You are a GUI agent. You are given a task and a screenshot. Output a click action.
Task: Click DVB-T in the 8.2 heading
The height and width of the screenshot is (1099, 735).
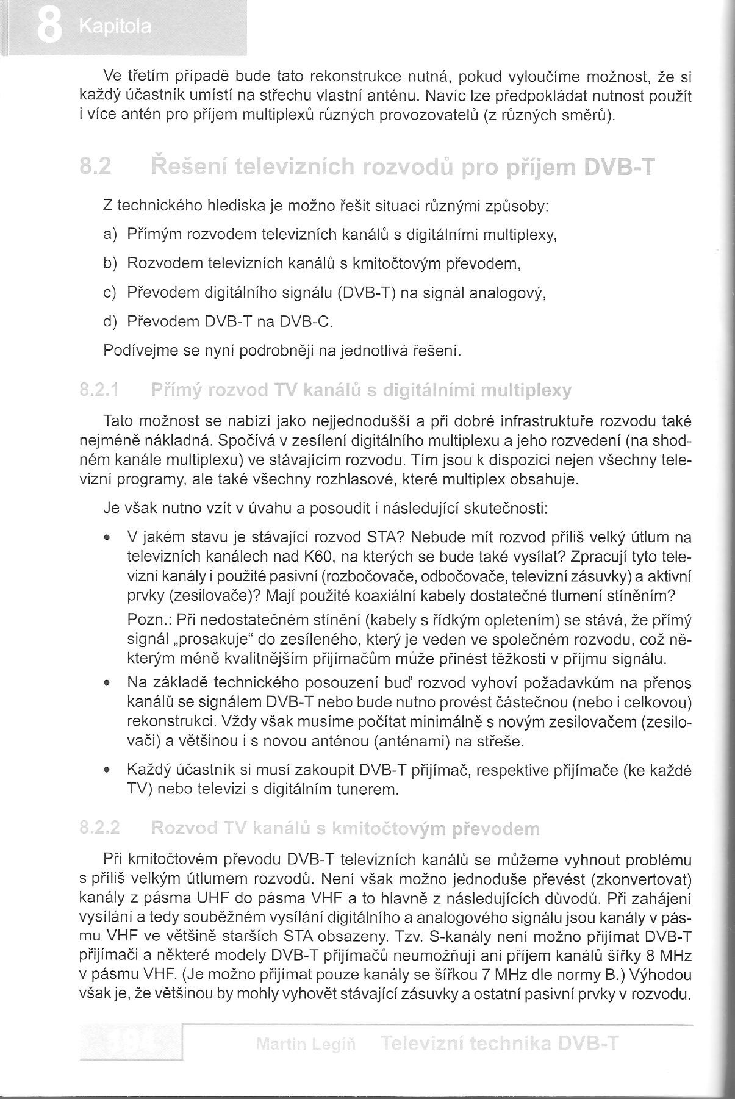point(618,166)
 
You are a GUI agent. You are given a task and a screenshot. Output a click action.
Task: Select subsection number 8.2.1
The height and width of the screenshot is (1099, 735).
point(99,391)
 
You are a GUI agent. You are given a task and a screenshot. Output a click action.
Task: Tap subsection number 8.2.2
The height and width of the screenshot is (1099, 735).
point(99,828)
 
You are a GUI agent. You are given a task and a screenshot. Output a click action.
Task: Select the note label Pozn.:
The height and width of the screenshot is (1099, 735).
point(149,620)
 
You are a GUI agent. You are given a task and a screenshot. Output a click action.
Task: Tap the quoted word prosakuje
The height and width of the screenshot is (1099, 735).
point(215,640)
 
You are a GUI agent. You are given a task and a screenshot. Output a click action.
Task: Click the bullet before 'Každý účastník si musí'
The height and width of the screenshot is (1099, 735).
point(107,771)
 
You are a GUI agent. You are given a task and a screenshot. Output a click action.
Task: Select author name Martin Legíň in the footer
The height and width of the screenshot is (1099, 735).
point(307,1044)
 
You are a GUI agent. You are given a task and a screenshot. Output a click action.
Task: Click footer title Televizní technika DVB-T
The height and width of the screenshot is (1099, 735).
point(498,1044)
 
